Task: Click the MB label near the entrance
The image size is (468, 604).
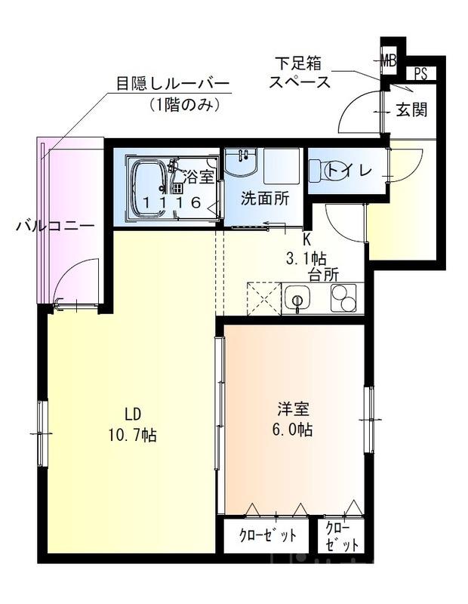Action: [389, 59]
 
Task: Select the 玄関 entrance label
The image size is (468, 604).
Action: [411, 110]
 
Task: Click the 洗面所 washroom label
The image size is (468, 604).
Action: [264, 199]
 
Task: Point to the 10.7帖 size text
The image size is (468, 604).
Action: [132, 436]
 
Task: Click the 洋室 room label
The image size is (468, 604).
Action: [294, 410]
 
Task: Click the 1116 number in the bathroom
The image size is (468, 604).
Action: [171, 202]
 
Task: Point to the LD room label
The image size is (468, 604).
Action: [133, 414]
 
